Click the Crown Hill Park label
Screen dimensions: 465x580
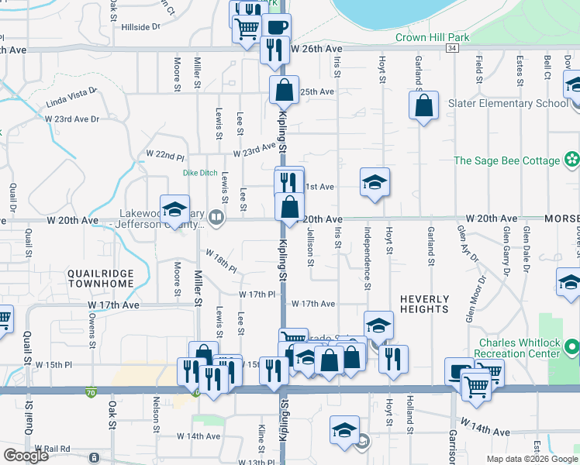pos(433,36)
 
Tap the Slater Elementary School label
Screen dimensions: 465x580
pos(509,103)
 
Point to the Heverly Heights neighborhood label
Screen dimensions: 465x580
pos(424,304)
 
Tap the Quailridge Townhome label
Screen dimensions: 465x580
pos(100,279)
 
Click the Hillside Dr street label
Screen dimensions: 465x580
pos(140,26)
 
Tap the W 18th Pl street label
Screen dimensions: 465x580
pos(220,261)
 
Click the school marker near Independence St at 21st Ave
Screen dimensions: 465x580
pos(375,182)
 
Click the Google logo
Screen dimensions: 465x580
pos(26,456)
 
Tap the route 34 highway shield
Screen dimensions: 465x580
pos(452,48)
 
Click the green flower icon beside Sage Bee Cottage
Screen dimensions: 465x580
pos(572,160)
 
